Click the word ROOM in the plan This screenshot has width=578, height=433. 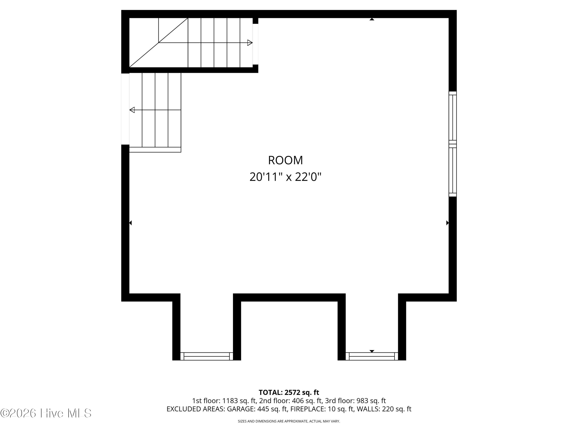pyautogui.click(x=285, y=160)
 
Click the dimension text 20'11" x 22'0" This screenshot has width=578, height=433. pyautogui.click(x=285, y=177)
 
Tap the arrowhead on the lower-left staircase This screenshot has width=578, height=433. pyautogui.click(x=132, y=110)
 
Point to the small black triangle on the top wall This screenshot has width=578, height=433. pyautogui.click(x=372, y=19)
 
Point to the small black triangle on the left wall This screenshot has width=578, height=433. pyautogui.click(x=130, y=223)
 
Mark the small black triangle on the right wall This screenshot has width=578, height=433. pyautogui.click(x=447, y=223)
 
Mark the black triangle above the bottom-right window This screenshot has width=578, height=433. pyautogui.click(x=372, y=351)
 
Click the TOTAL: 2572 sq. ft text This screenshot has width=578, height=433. pyautogui.click(x=289, y=393)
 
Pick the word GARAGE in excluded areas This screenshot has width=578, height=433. pyautogui.click(x=240, y=409)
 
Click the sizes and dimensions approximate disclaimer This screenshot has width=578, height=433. pyautogui.click(x=289, y=421)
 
